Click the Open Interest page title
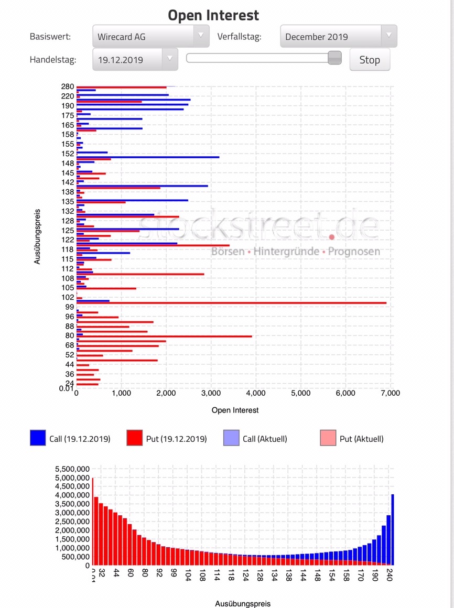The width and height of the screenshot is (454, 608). coord(213,15)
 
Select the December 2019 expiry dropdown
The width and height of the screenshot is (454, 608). coord(338,37)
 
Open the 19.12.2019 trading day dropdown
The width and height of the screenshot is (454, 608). coord(135,60)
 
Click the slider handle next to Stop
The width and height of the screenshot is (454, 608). coord(334,58)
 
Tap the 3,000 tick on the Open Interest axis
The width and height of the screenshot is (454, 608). coord(211,393)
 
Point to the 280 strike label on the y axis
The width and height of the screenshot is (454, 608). coord(68,86)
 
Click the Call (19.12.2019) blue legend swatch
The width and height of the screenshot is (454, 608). coord(39,438)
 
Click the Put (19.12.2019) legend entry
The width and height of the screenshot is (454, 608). coord(167,439)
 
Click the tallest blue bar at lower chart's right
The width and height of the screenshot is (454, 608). coord(393,529)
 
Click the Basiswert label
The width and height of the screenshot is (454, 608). coord(50,37)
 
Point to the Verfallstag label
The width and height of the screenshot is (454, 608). coord(239,37)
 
